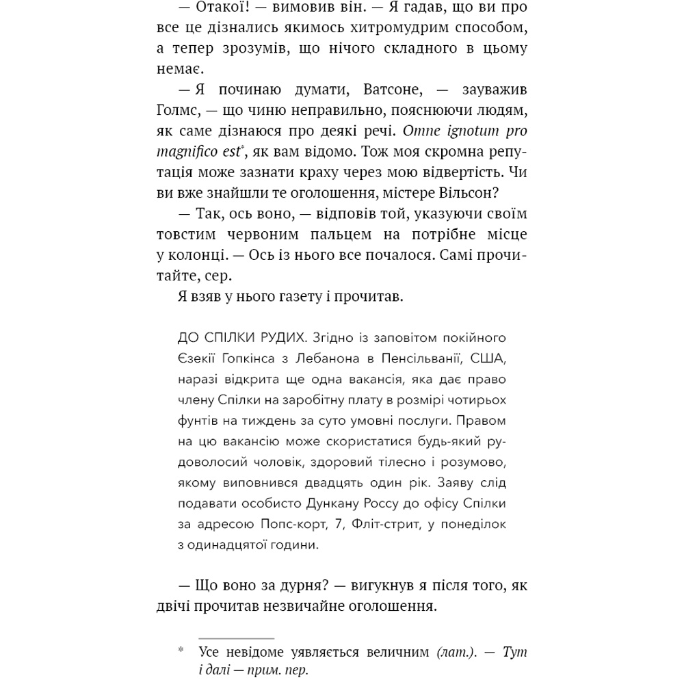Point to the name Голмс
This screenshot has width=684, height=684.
(176, 110)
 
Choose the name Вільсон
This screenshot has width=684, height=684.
(494, 192)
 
